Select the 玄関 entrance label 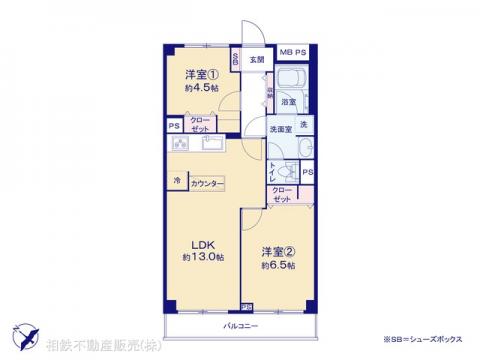(x=257, y=60)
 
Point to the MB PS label (x=292, y=52)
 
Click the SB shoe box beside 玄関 (x=235, y=60)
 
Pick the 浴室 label (x=287, y=102)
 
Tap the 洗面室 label (x=279, y=130)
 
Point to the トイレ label (x=272, y=171)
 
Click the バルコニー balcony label (x=240, y=327)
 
